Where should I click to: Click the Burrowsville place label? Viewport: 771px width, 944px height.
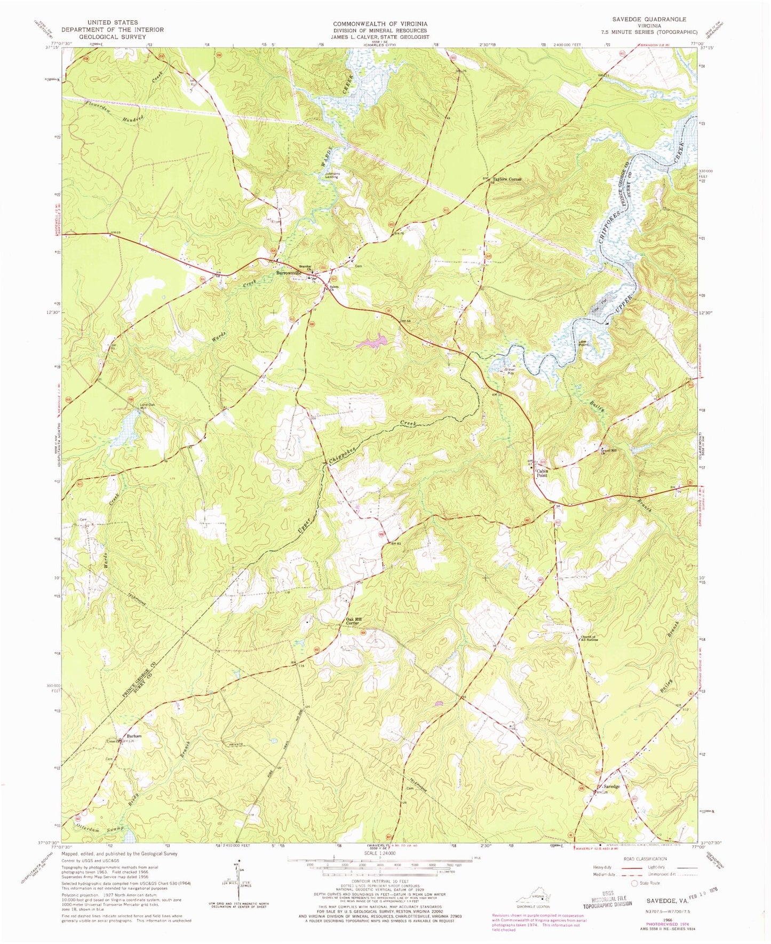(289, 273)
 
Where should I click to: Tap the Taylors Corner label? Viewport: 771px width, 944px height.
(506, 179)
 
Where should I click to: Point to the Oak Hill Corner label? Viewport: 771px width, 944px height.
(352, 622)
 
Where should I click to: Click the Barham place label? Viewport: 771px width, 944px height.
(133, 736)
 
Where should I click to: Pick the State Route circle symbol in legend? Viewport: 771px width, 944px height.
(635, 899)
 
